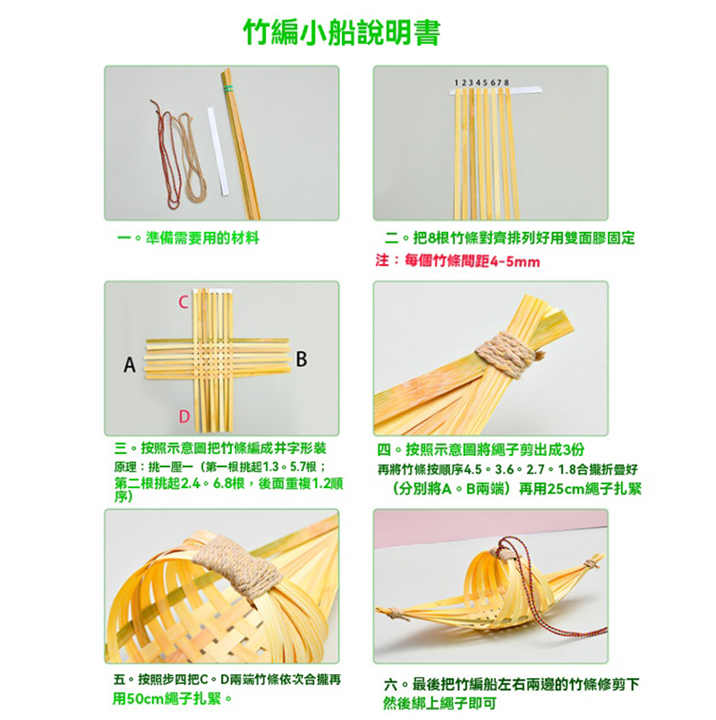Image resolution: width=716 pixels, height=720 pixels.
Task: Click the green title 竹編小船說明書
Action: point(342,33)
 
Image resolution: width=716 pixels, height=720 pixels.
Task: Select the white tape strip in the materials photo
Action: point(217,151)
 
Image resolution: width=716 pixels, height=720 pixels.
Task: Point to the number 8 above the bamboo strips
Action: point(506,82)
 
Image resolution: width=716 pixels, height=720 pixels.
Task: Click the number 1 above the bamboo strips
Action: point(456,82)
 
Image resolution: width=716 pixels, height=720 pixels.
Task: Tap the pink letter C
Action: point(183,302)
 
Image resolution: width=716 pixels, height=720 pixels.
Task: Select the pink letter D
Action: point(184,416)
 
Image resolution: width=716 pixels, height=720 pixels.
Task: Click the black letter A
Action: point(130,365)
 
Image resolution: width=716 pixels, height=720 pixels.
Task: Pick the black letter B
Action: point(301,359)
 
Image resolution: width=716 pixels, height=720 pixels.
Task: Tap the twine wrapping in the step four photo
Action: point(506,355)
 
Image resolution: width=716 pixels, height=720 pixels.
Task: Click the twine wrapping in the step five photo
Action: point(237,566)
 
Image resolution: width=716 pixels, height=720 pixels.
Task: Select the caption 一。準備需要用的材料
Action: point(189,238)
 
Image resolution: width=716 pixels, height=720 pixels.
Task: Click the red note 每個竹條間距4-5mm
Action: point(472,261)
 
